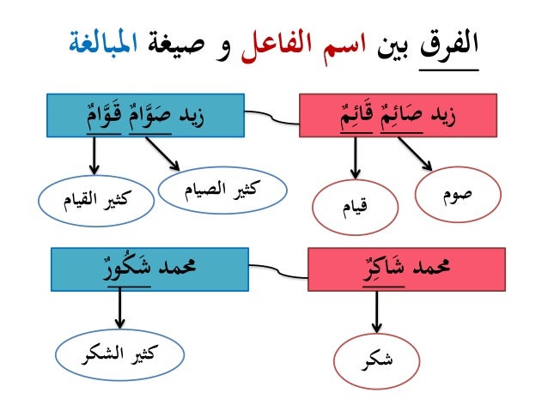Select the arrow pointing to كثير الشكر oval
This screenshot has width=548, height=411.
[x=119, y=307]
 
